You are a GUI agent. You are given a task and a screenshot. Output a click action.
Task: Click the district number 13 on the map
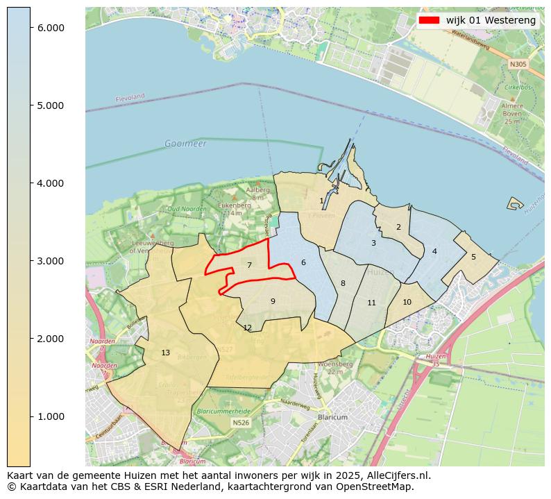[165, 353]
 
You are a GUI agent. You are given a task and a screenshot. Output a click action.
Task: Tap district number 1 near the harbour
[321, 201]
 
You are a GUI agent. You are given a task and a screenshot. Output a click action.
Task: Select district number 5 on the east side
[473, 257]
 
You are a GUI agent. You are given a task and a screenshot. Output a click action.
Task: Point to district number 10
[407, 302]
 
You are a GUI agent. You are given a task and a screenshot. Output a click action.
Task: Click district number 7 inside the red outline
[249, 265]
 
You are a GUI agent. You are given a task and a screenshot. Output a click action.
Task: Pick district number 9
[273, 301]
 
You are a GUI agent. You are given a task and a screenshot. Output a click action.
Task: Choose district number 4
[434, 251]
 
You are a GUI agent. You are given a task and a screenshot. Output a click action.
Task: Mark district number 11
[371, 303]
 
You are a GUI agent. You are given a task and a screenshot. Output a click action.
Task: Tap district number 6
[303, 262]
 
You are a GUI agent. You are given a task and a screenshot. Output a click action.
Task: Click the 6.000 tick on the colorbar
[51, 28]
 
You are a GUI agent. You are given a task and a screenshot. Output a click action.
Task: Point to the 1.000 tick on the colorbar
[51, 416]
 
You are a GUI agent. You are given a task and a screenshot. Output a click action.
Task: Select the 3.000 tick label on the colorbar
[51, 261]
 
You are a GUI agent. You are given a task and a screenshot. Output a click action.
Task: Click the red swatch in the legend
[430, 20]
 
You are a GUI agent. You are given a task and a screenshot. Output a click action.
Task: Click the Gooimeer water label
[185, 144]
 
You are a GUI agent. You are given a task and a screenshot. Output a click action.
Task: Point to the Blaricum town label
[332, 418]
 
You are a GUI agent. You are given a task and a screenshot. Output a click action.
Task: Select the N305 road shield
[518, 64]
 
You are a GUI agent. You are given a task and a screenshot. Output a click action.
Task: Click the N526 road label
[241, 422]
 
